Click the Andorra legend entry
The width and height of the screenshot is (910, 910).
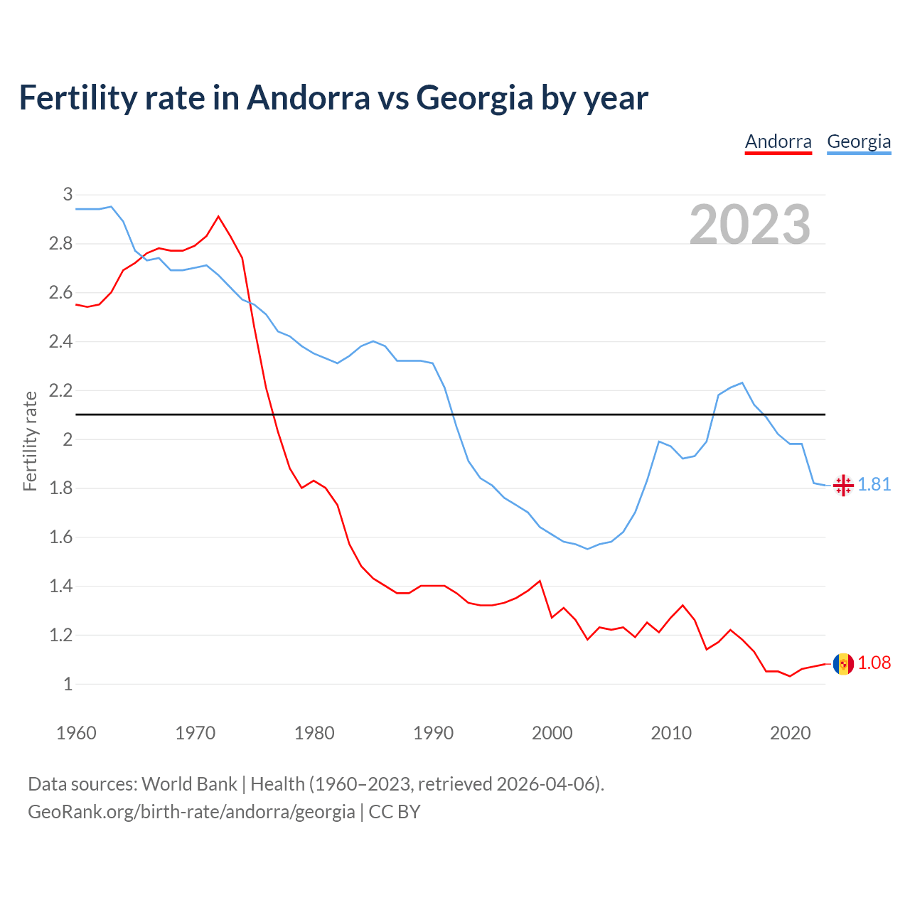778,141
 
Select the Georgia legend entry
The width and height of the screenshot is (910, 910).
859,141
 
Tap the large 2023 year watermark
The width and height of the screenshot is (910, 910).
750,225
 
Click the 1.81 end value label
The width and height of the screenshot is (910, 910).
874,484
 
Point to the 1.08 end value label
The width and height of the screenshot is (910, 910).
874,663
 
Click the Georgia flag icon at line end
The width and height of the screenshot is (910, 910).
843,485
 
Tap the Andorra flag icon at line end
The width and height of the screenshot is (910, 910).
843,664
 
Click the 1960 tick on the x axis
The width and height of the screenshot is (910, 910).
76,733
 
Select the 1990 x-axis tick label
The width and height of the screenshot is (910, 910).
433,733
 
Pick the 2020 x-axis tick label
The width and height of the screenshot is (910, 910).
790,733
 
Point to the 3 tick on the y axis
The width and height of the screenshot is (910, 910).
68,194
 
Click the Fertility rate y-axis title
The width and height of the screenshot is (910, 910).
30,441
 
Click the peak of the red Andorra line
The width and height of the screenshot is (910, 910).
218,216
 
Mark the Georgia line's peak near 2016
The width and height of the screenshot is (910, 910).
742,382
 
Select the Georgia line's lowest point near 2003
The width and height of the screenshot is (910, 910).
587,549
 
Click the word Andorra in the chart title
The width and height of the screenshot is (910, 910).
308,97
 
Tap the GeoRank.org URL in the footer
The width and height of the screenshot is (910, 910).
191,811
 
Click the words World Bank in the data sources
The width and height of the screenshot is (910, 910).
189,783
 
